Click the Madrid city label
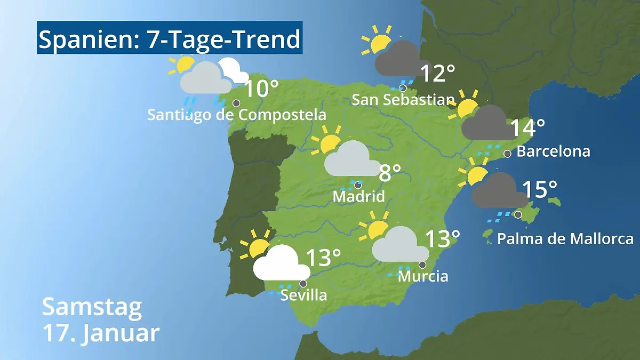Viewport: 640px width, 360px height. (358, 196)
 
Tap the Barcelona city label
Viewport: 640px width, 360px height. (553, 151)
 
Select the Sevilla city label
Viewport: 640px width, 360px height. (303, 295)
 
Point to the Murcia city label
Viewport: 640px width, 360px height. (423, 276)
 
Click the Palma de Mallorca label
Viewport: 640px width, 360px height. (565, 238)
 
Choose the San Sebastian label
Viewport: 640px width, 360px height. (403, 100)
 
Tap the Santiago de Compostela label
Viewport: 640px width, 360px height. (236, 115)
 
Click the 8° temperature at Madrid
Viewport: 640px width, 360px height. (390, 173)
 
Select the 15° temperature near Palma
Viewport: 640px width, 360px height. (539, 189)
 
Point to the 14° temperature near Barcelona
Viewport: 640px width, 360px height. (527, 127)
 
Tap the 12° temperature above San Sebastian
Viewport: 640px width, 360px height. (438, 74)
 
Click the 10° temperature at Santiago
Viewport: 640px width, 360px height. (261, 89)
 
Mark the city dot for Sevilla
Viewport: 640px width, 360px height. (303, 284)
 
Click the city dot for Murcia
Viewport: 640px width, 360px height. (422, 265)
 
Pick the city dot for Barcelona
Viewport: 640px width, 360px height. (507, 154)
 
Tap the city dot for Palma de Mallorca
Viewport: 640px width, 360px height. (518, 214)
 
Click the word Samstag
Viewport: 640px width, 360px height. (92, 307)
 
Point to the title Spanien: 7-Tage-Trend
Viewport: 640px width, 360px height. (170, 38)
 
